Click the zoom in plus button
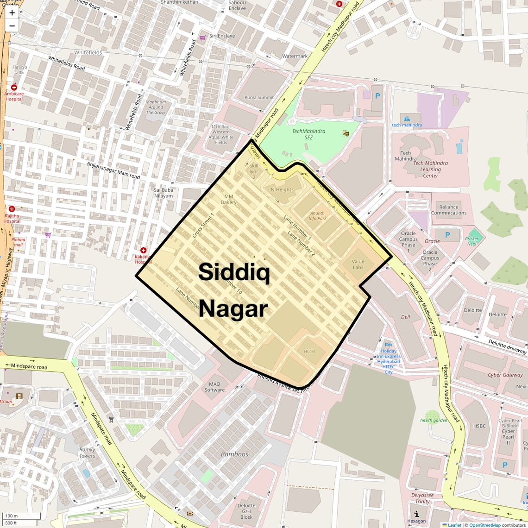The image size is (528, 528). [x=12, y=13]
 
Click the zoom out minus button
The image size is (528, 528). [x=12, y=26]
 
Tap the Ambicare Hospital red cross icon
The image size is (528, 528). [x=14, y=87]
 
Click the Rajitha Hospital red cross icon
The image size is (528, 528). [x=12, y=209]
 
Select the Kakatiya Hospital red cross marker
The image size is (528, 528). [x=144, y=250]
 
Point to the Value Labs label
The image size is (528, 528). [x=358, y=264]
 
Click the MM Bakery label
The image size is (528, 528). [x=229, y=199]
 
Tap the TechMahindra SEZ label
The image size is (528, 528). [x=308, y=134]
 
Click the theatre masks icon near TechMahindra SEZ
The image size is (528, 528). [x=345, y=133]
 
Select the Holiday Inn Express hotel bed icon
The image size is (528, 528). [x=388, y=345]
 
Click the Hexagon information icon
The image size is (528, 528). [x=416, y=514]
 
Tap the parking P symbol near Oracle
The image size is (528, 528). [x=447, y=235]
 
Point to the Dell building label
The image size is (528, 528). [x=405, y=317]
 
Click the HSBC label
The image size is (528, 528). [x=479, y=426]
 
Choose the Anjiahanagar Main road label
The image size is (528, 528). [x=113, y=170]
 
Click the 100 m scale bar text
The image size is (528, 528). [x=11, y=515]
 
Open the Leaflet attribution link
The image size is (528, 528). [x=454, y=525]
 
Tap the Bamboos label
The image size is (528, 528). [x=234, y=454]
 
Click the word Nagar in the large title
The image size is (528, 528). [x=233, y=309]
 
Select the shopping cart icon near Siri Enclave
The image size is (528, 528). [x=202, y=38]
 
